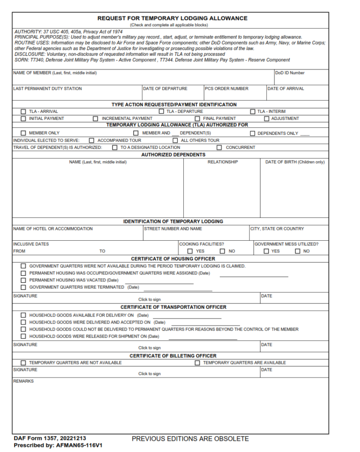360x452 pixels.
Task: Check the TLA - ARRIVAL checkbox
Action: tap(23, 111)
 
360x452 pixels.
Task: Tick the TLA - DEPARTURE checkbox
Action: tap(161, 111)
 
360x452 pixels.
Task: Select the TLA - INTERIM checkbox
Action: tap(253, 111)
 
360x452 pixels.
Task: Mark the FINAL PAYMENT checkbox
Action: tap(197, 119)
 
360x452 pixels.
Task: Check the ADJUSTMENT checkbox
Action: tap(267, 119)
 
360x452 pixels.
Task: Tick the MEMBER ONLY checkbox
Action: tap(23, 133)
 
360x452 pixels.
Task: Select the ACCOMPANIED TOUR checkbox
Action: tap(92, 140)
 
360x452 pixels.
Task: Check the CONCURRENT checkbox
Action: tap(219, 147)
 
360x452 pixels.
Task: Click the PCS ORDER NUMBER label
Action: tap(227, 89)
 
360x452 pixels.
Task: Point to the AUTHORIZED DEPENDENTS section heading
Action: tap(173, 155)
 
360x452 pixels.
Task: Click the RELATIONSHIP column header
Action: tap(223, 162)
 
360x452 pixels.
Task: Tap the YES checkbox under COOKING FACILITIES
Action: tap(190, 251)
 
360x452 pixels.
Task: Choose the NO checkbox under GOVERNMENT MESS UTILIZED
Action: tap(297, 251)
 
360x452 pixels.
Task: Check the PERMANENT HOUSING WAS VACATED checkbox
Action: tap(23, 280)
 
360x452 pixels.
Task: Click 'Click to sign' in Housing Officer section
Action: tap(149, 299)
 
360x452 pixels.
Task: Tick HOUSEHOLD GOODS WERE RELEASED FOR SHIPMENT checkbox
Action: tap(23, 336)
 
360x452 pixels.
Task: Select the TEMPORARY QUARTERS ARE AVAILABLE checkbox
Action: tap(197, 363)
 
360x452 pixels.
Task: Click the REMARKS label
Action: tap(23, 381)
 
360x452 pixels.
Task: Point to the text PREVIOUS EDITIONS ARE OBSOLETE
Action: tap(190, 439)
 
